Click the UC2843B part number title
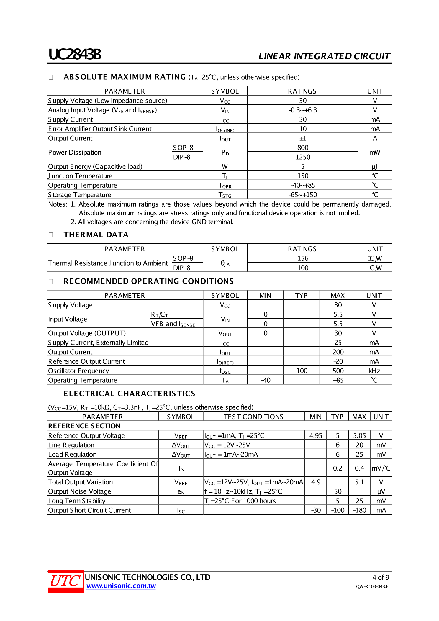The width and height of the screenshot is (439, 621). tap(75, 55)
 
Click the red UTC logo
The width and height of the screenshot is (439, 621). tap(65, 581)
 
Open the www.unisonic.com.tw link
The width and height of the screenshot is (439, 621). tap(121, 586)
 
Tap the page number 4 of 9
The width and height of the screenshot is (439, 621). tap(381, 577)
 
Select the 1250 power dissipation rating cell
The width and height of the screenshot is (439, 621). tap(303, 157)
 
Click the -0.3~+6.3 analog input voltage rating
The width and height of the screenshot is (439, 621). tap(303, 110)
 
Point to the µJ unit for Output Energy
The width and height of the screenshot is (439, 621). tap(374, 166)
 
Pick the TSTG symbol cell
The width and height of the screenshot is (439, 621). tap(225, 195)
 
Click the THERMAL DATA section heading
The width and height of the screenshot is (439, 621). tap(96, 235)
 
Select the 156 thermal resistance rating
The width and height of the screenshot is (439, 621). tap(303, 258)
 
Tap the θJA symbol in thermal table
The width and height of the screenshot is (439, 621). tap(225, 263)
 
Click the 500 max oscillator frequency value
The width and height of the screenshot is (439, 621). tap(338, 371)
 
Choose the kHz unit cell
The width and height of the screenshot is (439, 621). tap(374, 371)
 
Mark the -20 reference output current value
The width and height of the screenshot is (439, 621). tap(338, 361)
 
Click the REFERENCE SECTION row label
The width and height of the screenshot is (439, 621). tap(84, 426)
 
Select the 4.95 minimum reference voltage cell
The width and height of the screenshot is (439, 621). tap(315, 435)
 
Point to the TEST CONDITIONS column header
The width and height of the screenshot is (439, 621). tap(253, 417)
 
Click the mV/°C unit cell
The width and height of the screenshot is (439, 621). tap(381, 468)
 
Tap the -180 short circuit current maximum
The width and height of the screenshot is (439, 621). tap(359, 510)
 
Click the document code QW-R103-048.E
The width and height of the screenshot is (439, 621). tap(372, 586)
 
